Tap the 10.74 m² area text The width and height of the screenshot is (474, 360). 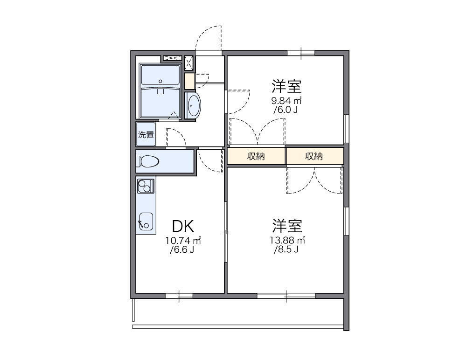pos(183,241)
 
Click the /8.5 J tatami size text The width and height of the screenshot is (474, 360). pos(286,249)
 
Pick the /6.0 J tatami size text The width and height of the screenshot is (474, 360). pos(286,110)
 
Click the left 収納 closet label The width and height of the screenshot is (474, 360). pos(256,157)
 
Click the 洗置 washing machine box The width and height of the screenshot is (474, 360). pos(146,135)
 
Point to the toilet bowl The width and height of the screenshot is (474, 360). pos(148,161)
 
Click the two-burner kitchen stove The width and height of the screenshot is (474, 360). pos(146,187)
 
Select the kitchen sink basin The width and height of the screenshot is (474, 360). pos(146,222)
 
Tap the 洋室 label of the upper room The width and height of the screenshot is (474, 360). pos(287,86)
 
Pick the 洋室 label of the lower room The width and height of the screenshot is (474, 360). pos(287,226)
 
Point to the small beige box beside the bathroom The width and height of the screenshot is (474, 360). pos(189,81)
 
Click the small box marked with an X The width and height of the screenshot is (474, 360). pos(189,62)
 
